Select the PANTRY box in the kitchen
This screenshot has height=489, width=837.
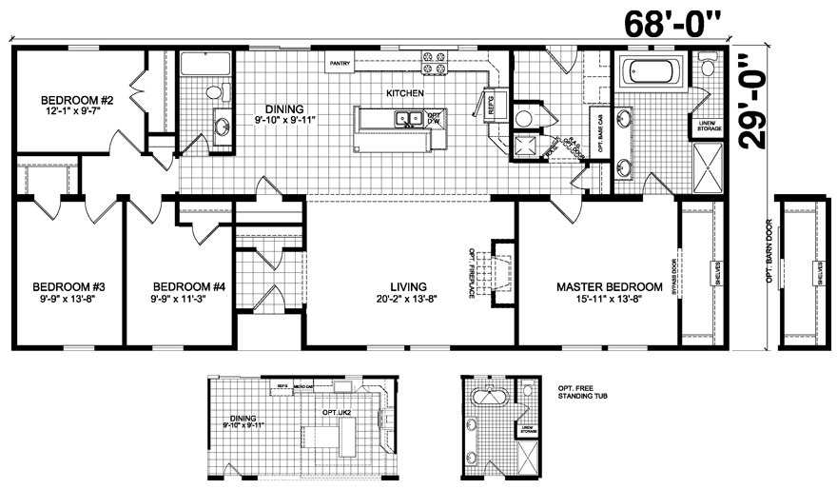coord(341,64)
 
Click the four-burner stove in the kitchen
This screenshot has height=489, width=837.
coord(436,64)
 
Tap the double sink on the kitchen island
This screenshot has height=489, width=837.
coord(409,119)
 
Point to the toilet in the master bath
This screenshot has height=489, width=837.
coord(707,68)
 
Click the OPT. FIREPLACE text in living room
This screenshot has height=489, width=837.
coord(472,274)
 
